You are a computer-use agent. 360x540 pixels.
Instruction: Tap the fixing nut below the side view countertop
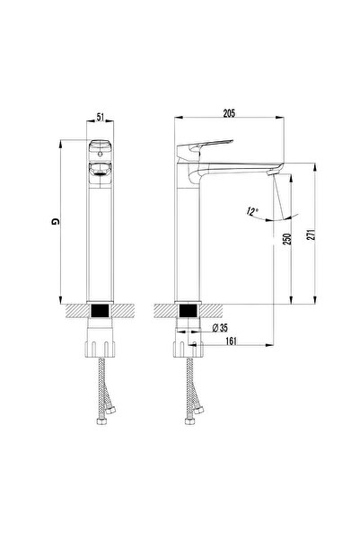point(188,347)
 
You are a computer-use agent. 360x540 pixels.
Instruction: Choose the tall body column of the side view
point(188,243)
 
